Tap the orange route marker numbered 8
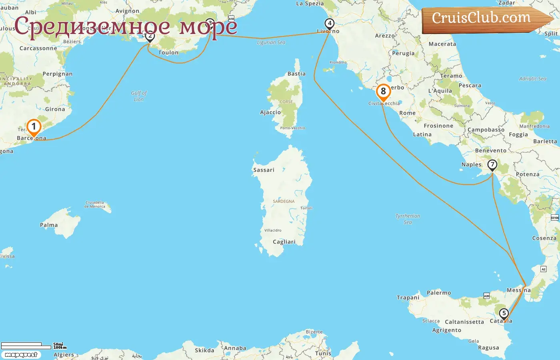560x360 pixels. pyautogui.click(x=383, y=92)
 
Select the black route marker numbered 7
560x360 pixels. pyautogui.click(x=492, y=164)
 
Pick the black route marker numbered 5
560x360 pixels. pyautogui.click(x=504, y=313)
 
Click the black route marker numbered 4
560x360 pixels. pyautogui.click(x=329, y=24)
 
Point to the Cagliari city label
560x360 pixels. pyautogui.click(x=284, y=242)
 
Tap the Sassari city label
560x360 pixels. pyautogui.click(x=264, y=170)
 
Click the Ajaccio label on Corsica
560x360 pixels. pyautogui.click(x=270, y=112)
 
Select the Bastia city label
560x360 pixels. pyautogui.click(x=296, y=74)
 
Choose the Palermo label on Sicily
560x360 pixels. pyautogui.click(x=439, y=293)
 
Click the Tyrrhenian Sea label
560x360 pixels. pyautogui.click(x=408, y=219)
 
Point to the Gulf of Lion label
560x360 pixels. pyautogui.click(x=139, y=96)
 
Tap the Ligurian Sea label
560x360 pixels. pyautogui.click(x=271, y=42)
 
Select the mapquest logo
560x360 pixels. pyautogui.click(x=21, y=355)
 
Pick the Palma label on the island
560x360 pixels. pyautogui.click(x=49, y=225)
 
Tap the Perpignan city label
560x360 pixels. pyautogui.click(x=58, y=74)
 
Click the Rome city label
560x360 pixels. pyautogui.click(x=407, y=113)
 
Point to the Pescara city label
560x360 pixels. pyautogui.click(x=470, y=86)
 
